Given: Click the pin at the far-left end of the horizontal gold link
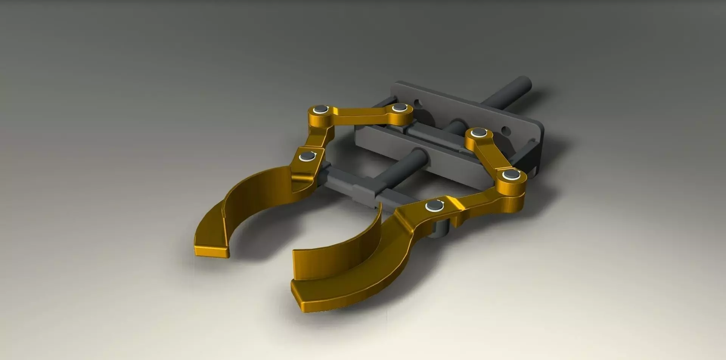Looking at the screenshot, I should click(321, 110).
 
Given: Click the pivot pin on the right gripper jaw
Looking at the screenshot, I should click(435, 206).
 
